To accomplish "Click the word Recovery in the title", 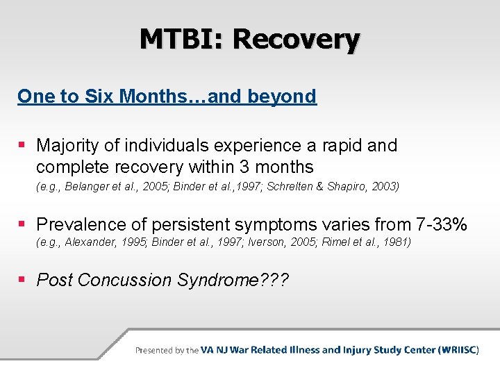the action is tap(297, 41).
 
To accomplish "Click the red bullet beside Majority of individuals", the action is tap(22, 145).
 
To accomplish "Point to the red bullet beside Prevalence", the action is tap(22, 224).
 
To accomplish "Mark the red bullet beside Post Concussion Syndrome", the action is tap(22, 280).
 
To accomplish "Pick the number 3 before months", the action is tap(244, 167).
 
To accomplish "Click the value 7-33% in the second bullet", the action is tap(442, 224).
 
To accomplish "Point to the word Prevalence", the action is tap(81, 224).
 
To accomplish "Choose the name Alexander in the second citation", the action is tap(90, 242).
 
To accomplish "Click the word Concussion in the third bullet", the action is tap(125, 280).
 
